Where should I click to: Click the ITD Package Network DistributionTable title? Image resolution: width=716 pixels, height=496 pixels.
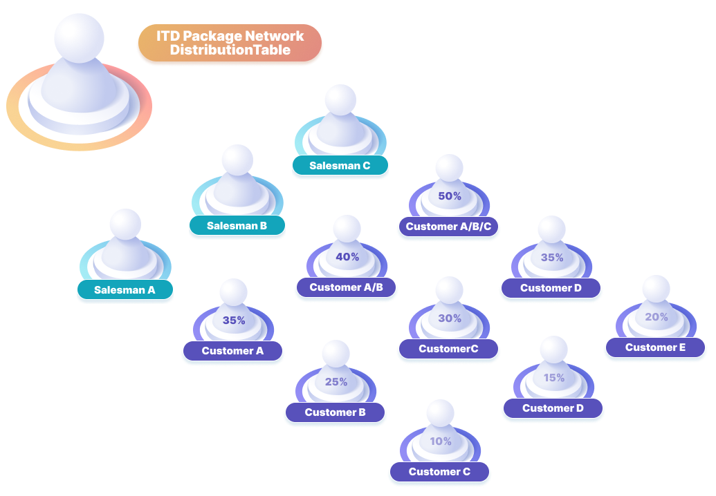230,43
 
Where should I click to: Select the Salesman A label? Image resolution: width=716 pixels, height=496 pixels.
125,290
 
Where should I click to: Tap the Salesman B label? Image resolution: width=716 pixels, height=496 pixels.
237,225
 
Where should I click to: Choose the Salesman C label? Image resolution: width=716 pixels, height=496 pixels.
340,166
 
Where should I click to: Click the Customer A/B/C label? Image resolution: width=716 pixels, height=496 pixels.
448,227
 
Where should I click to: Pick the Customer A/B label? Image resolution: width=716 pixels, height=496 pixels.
347,287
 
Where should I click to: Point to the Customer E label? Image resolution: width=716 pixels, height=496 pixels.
655,347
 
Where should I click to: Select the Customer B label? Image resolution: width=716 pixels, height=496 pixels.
335,412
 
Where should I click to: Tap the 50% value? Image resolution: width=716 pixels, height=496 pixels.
450,196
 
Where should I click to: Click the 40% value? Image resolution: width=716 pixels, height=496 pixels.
347,257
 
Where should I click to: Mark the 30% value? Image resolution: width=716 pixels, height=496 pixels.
450,318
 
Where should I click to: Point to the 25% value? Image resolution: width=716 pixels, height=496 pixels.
336,382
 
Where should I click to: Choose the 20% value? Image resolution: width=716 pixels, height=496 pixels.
657,317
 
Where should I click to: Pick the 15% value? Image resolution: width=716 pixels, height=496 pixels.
553,378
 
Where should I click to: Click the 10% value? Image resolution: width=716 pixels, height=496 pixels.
440,441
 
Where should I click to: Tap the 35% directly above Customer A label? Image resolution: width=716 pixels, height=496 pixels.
234,321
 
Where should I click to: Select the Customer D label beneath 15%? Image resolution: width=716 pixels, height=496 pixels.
553,408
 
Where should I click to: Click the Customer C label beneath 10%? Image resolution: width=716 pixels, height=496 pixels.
439,472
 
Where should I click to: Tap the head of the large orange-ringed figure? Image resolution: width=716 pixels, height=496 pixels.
79,36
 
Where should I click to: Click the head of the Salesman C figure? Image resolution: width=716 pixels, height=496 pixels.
340,99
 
